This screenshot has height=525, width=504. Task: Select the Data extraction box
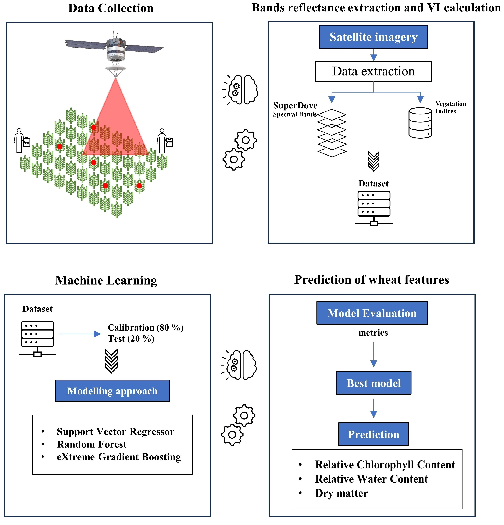pyautogui.click(x=373, y=71)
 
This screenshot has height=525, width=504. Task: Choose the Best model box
pyautogui.click(x=373, y=383)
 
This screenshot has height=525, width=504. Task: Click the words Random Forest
pyautogui.click(x=92, y=444)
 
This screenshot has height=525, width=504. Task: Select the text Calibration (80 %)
pyautogui.click(x=145, y=327)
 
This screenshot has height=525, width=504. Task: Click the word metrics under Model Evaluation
pyautogui.click(x=373, y=333)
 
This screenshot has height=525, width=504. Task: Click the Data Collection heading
pyautogui.click(x=111, y=8)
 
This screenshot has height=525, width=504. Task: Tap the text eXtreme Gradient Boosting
pyautogui.click(x=119, y=457)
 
